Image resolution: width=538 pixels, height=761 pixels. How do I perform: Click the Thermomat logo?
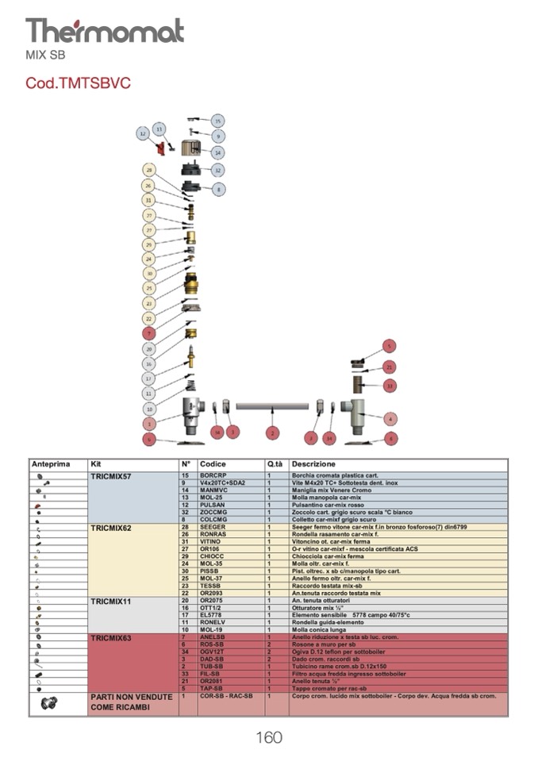click(104, 32)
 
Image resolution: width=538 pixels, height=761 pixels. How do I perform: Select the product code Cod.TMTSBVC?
click(78, 83)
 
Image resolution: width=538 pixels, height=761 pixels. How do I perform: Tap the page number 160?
click(269, 738)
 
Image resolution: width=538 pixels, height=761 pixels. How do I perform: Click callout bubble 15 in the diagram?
click(217, 121)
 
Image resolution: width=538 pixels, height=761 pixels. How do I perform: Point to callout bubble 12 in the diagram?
click(143, 135)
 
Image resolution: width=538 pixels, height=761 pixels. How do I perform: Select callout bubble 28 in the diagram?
click(148, 171)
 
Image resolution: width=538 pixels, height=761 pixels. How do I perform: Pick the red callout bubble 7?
click(148, 333)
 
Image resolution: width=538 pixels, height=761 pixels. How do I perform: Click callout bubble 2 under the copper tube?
click(273, 433)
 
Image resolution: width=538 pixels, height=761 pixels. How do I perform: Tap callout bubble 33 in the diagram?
click(390, 386)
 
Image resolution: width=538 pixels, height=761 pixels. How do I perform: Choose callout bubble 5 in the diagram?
click(389, 346)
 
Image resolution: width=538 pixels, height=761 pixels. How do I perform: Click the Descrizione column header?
click(313, 464)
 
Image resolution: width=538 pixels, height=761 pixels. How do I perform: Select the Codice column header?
click(213, 464)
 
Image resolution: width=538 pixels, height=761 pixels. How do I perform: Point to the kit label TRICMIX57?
click(111, 475)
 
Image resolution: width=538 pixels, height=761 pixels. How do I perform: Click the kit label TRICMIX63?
click(111, 637)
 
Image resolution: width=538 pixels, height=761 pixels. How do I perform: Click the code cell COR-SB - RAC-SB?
click(226, 696)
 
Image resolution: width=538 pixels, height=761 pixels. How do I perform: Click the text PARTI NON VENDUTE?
click(131, 697)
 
